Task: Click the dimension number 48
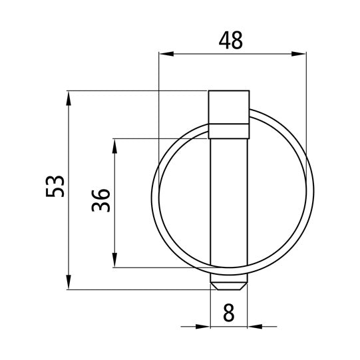(x=230, y=41)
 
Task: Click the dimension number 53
(x=55, y=186)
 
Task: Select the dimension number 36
(x=100, y=200)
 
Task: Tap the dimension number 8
(x=229, y=313)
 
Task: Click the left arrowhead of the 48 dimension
(x=166, y=54)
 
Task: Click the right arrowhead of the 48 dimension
(x=299, y=54)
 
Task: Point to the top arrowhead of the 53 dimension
(x=69, y=98)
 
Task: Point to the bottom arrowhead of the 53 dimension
(x=69, y=282)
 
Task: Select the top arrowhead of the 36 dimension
(x=114, y=146)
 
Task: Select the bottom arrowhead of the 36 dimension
(x=114, y=260)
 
